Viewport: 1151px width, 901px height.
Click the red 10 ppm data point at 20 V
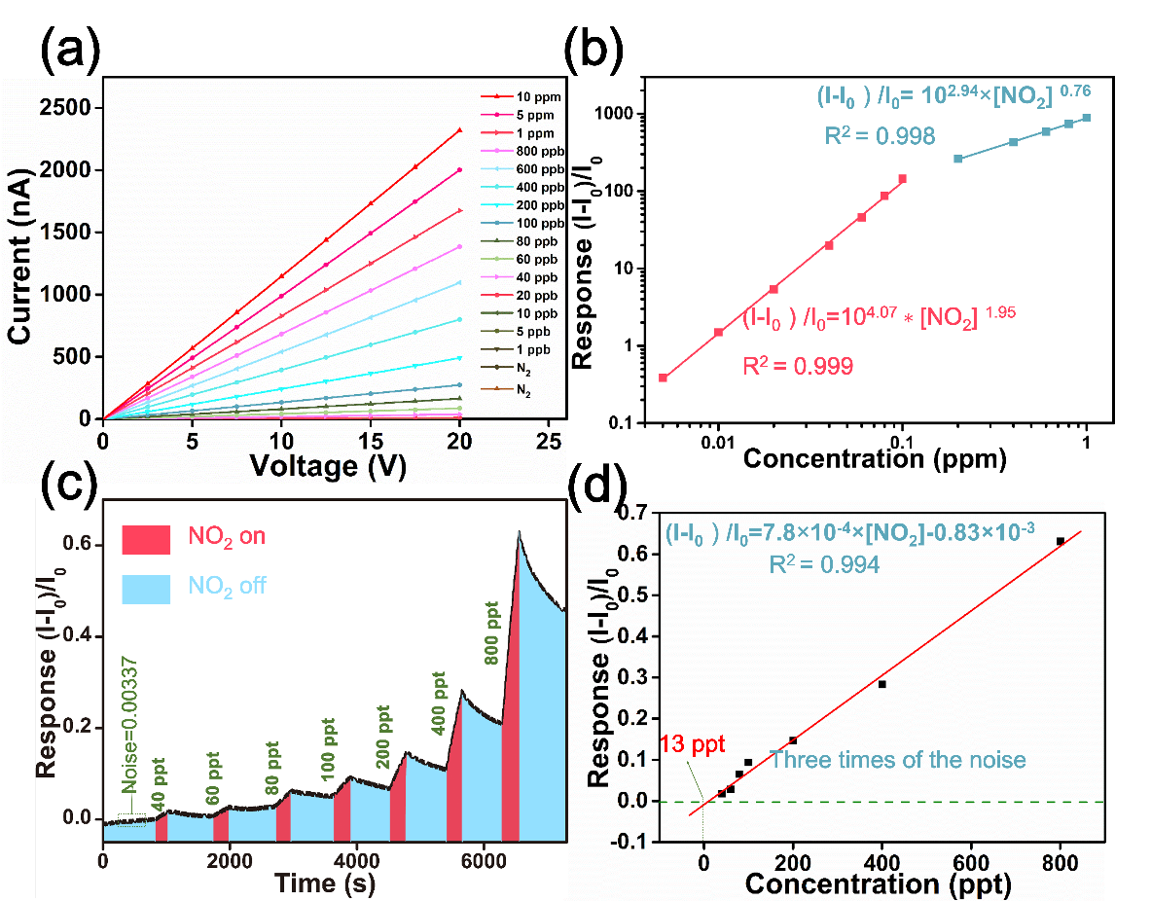coord(459,129)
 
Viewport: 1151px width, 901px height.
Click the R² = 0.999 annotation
coord(799,366)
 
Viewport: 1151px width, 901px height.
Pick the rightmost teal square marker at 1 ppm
coord(1087,118)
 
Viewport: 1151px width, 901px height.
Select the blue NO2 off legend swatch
coord(146,587)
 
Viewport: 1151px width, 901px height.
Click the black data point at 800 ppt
coord(1061,541)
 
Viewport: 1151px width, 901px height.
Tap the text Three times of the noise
coord(897,759)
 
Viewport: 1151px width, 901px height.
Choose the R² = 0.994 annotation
coord(824,565)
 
